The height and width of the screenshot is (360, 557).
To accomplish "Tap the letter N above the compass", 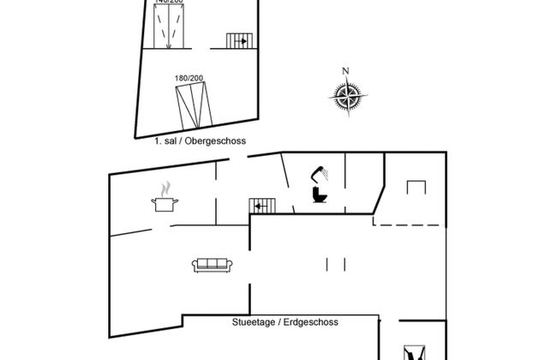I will (x=345, y=71).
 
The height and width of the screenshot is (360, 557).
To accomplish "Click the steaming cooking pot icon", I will (x=165, y=203).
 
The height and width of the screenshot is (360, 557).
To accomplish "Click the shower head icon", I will (x=321, y=172).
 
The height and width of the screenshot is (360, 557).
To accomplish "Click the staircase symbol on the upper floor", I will (x=237, y=40).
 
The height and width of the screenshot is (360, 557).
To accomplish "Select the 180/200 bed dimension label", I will (x=189, y=79).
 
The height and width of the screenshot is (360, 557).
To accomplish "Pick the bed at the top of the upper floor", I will (x=167, y=24).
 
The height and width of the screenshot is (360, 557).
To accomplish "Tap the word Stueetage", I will (x=252, y=322).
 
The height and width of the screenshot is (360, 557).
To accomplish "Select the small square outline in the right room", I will (x=416, y=187).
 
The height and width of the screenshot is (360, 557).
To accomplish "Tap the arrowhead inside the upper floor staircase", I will (x=244, y=40).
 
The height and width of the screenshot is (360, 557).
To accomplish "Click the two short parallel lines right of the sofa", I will (x=337, y=264).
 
